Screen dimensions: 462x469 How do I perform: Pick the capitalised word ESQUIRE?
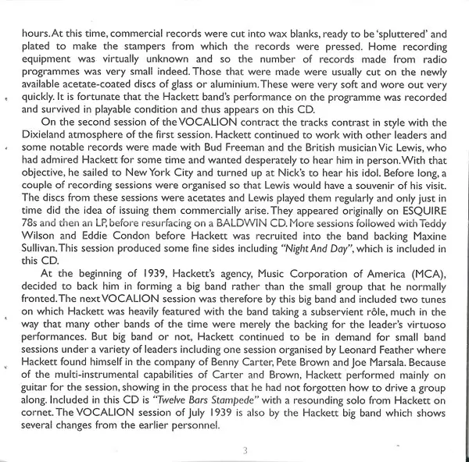point(427,208)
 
